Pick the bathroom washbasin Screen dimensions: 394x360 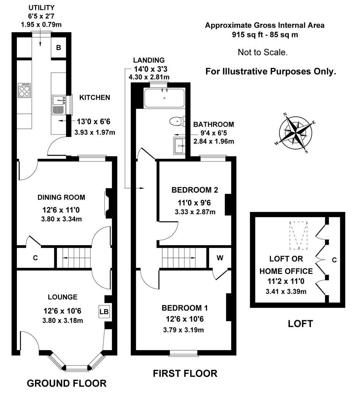[x=180, y=145]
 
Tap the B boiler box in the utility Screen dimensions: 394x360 [x=58, y=47]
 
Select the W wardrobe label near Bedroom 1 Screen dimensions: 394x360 [x=220, y=258]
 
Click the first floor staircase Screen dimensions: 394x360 [x=182, y=258]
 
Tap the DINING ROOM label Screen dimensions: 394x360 [x=61, y=197]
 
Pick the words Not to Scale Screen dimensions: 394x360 [x=263, y=52]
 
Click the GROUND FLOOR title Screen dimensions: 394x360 [x=67, y=383]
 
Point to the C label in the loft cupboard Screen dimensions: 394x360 [x=334, y=260]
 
